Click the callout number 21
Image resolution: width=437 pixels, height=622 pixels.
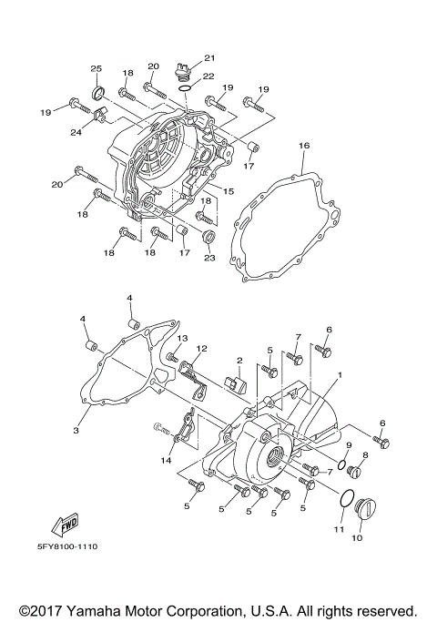[209, 57]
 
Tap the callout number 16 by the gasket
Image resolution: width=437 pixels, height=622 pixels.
[304, 146]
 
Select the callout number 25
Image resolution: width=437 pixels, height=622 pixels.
[96, 69]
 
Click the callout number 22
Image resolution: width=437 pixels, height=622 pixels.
[208, 76]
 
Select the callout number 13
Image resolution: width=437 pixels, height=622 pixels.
[182, 338]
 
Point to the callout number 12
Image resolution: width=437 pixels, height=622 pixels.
[202, 349]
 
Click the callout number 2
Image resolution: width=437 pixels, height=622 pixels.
[239, 362]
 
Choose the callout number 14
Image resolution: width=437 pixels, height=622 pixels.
[167, 462]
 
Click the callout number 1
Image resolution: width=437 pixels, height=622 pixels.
[340, 374]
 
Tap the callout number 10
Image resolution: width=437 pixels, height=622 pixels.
[356, 538]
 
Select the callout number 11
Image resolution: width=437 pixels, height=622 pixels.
[337, 529]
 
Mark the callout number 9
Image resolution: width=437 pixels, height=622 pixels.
[348, 444]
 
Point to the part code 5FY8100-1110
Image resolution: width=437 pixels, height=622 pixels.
[67, 547]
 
